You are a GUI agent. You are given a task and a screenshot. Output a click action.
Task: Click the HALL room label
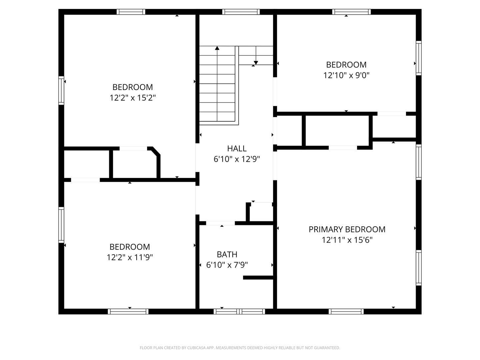[x=237, y=149]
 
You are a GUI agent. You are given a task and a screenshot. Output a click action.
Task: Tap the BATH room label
[x=227, y=254]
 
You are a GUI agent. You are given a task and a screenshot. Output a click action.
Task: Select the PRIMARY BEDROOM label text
[x=347, y=230]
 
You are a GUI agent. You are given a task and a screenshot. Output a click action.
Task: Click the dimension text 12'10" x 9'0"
[x=346, y=75]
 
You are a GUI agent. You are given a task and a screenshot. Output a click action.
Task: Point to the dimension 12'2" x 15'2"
[x=133, y=98]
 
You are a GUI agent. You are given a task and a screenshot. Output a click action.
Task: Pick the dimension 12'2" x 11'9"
[x=130, y=257]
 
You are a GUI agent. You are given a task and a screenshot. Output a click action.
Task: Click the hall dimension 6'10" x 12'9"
[x=237, y=159]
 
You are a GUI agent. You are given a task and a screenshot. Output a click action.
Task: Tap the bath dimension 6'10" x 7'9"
[x=227, y=265]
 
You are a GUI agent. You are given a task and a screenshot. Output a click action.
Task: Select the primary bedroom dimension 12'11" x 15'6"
[x=347, y=240]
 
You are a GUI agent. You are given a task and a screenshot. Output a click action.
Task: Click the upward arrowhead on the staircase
[x=217, y=48]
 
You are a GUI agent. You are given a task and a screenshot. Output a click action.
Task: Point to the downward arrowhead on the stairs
[x=256, y=63]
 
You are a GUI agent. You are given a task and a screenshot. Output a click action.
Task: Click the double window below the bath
[x=239, y=311]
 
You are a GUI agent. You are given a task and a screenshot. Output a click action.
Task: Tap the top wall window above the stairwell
[x=241, y=12]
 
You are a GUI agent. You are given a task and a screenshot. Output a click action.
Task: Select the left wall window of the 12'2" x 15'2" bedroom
[x=61, y=90]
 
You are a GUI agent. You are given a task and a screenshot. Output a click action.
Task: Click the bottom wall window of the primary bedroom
[x=346, y=311]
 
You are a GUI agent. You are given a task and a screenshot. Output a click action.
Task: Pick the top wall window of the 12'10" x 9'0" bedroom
[x=351, y=12]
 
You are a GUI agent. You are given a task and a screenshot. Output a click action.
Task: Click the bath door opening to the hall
[x=220, y=223]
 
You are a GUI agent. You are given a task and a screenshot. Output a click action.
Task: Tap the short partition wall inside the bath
[x=258, y=278]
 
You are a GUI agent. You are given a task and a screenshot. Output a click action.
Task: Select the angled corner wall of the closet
[x=156, y=151]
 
